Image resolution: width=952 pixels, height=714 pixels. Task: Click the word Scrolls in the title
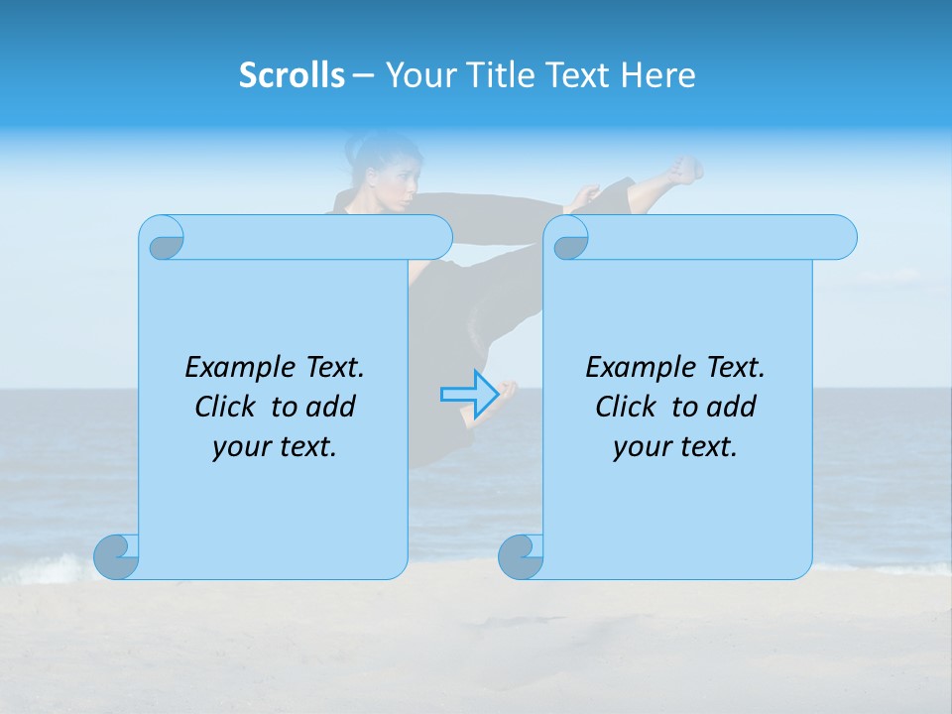292,75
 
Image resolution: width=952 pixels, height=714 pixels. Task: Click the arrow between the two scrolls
468,394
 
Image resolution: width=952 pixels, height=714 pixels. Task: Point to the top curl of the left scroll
166,238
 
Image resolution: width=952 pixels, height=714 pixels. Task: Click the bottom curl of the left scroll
117,556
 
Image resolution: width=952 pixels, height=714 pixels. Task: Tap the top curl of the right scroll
570,238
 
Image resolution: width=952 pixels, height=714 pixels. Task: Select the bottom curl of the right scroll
522,556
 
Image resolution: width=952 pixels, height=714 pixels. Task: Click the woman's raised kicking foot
683,170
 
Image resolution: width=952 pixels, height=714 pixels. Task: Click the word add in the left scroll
331,407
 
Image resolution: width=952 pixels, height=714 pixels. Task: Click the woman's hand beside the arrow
509,389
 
